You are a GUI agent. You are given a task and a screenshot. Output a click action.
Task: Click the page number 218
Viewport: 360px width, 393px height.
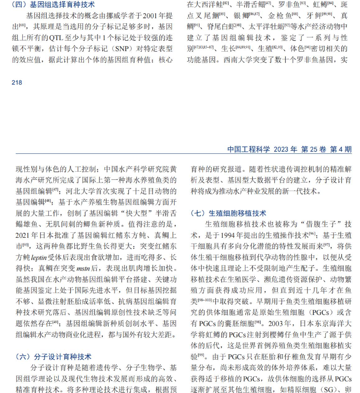click(x=16, y=83)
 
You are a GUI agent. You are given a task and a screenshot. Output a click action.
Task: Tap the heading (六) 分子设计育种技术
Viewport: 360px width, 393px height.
click(x=53, y=356)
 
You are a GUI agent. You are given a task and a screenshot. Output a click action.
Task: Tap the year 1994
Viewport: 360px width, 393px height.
click(x=231, y=235)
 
